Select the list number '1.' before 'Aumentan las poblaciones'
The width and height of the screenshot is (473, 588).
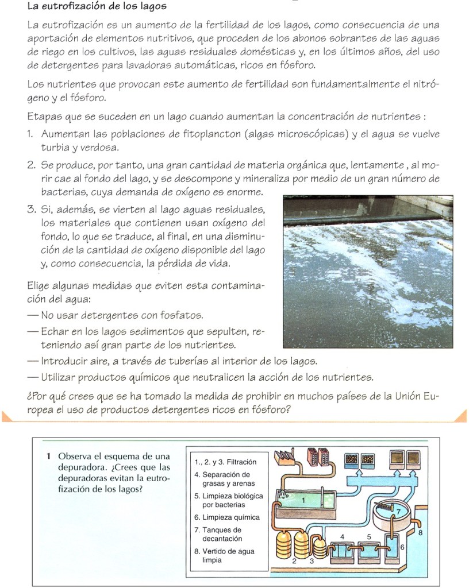click(32, 134)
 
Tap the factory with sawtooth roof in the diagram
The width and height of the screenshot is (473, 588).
click(286, 458)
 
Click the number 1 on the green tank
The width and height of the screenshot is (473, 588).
click(303, 501)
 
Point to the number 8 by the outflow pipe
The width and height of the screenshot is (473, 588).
click(421, 532)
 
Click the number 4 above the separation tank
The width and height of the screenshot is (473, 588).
click(343, 536)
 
